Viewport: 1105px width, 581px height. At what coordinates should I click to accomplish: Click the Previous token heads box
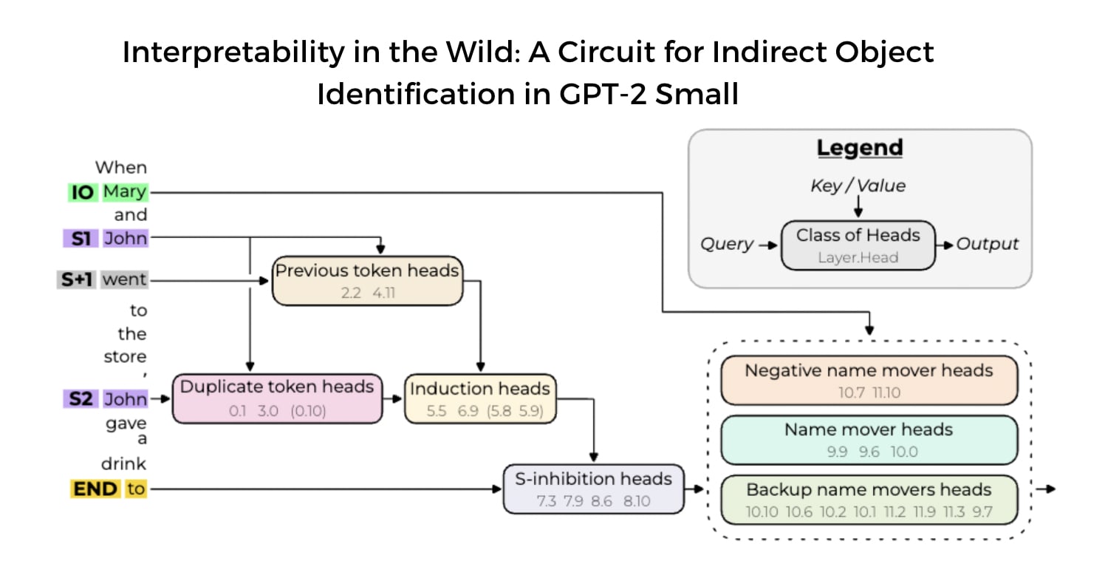pos(367,281)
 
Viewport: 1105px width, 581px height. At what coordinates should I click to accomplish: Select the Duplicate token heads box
pos(277,398)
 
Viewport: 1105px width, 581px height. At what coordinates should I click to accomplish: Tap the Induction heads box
pos(480,398)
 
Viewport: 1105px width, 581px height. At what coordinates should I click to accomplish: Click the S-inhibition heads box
pos(593,489)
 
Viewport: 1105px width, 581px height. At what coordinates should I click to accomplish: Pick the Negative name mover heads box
pos(869,381)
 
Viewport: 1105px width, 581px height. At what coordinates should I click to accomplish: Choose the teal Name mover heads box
pos(869,440)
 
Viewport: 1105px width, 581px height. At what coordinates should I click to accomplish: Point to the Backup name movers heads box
pos(869,500)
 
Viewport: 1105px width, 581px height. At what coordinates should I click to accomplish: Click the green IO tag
pos(82,193)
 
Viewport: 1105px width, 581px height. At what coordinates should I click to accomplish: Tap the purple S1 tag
pos(81,239)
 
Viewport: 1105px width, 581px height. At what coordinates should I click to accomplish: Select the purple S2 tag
pos(81,399)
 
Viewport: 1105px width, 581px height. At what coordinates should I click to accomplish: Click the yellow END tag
pos(95,489)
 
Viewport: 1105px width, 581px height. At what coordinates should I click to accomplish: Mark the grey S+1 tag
pos(77,280)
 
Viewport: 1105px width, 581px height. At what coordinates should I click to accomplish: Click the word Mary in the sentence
pos(125,193)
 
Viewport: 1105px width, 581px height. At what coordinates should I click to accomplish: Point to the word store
pos(125,356)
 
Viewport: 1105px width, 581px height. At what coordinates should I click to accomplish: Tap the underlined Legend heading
pos(859,148)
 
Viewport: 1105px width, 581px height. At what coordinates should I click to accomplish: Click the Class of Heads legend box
pos(858,245)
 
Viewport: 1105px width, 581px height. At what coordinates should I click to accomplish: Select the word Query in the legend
pos(727,245)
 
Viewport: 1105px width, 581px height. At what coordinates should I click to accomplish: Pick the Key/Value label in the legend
pos(858,186)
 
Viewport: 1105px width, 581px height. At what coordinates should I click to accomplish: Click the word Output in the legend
pos(988,244)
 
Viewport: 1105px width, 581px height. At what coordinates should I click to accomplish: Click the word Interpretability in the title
pos(222,53)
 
